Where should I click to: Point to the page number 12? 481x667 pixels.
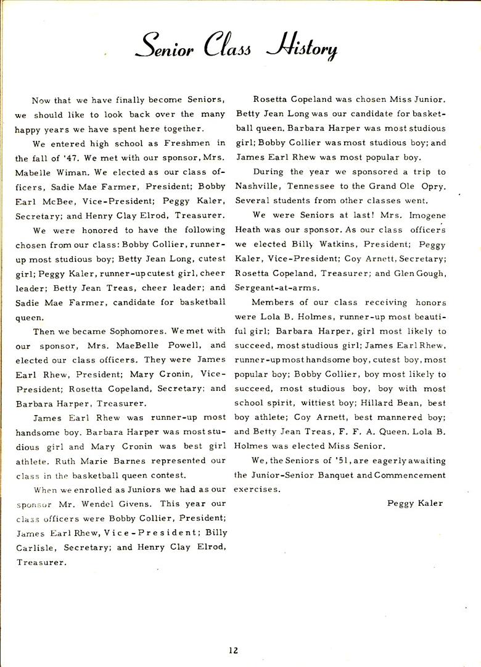[232, 649]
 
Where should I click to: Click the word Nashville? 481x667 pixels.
[258, 186]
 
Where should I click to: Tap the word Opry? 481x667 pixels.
[432, 186]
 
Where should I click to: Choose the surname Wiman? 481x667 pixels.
[73, 172]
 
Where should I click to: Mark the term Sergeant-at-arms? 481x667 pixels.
[269, 288]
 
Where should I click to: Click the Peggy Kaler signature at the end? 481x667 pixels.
[415, 503]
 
